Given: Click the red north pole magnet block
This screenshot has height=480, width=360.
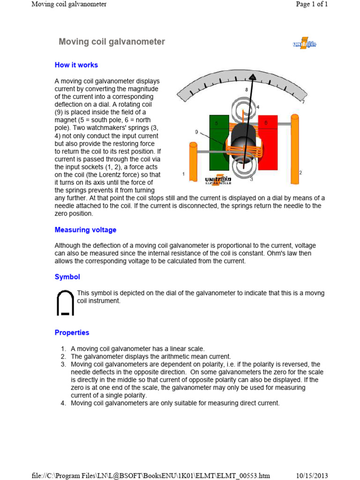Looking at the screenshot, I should [268, 141].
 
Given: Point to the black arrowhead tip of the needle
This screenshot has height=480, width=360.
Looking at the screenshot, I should [253, 76].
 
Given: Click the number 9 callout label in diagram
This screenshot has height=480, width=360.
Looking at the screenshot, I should [196, 132].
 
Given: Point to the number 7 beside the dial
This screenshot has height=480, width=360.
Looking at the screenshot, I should [303, 102].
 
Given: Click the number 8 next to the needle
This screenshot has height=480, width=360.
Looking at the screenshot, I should [247, 90].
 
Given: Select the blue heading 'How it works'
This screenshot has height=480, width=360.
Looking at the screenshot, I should [76, 65].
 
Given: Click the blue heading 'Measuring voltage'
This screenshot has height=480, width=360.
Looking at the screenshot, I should [85, 230].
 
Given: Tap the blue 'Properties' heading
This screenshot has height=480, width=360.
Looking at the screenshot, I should [72, 333].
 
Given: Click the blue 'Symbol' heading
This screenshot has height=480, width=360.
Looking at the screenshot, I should [67, 277].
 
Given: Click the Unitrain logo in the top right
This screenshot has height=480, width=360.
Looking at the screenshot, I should [305, 45].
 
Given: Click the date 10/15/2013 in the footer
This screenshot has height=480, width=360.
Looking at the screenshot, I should [312, 476].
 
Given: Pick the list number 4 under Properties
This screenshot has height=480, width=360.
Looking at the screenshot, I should [63, 403].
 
